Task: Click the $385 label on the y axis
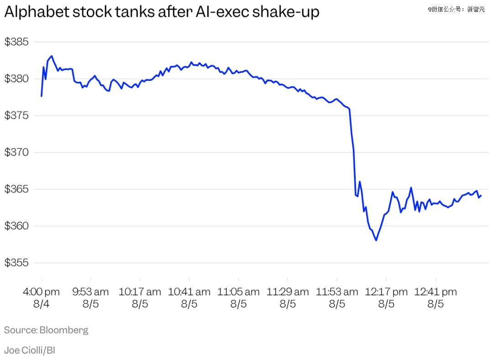coord(16,42)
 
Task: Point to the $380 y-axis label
coord(16,79)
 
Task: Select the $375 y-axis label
coord(16,115)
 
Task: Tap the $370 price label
coord(16,152)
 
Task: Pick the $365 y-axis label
coord(16,189)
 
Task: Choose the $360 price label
coord(16,226)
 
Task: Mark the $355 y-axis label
coord(16,262)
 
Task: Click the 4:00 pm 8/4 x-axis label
coord(41,298)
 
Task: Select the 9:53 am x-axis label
coord(90,292)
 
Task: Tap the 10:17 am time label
coord(140,292)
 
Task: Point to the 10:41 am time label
coord(189,292)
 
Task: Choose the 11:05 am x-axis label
coord(238,292)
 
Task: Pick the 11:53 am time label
coord(337,292)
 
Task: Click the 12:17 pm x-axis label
coord(386,292)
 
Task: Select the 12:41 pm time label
coord(435,292)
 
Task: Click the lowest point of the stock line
coord(376,241)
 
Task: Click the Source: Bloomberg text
coord(46,330)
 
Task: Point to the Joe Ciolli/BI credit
coord(30,350)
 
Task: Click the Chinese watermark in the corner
coord(456,9)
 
